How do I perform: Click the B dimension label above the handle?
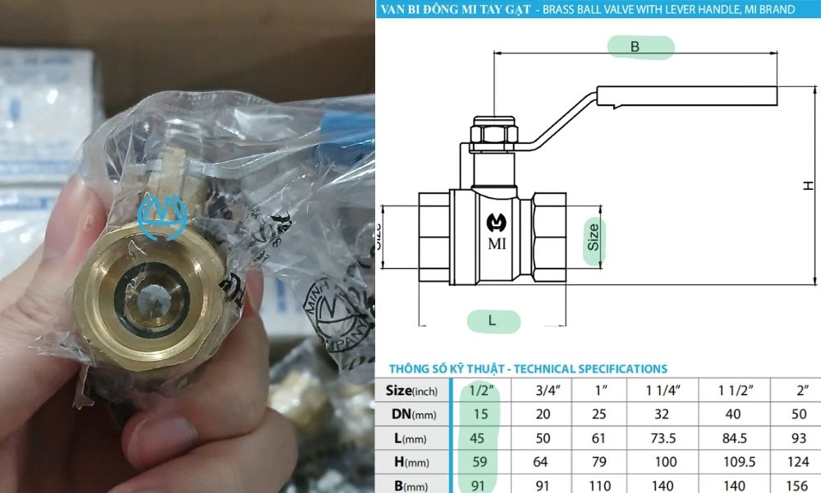[x=635, y=47]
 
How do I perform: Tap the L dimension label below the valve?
[x=493, y=321]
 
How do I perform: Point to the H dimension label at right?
[x=809, y=187]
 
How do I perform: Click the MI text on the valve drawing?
[x=497, y=244]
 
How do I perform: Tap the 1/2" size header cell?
[x=480, y=390]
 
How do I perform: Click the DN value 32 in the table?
[x=663, y=414]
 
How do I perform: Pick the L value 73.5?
[x=663, y=438]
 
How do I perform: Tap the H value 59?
[x=480, y=462]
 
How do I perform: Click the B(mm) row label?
[x=410, y=485]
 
